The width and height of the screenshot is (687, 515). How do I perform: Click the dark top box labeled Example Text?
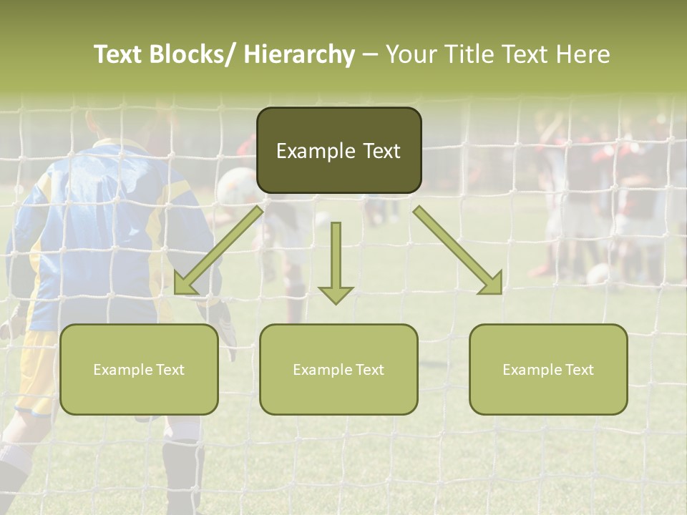tap(338, 150)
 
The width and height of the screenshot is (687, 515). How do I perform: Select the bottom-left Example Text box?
tap(139, 369)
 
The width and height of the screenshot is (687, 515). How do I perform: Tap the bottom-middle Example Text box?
tap(338, 369)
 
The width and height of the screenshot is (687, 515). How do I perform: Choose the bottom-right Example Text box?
tap(548, 369)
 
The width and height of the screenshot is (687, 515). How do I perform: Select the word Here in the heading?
tap(584, 55)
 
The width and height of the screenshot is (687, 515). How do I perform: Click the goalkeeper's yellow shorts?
tap(36, 372)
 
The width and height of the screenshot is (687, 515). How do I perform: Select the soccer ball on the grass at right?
tap(598, 274)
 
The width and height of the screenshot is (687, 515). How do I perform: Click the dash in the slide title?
tap(370, 55)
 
